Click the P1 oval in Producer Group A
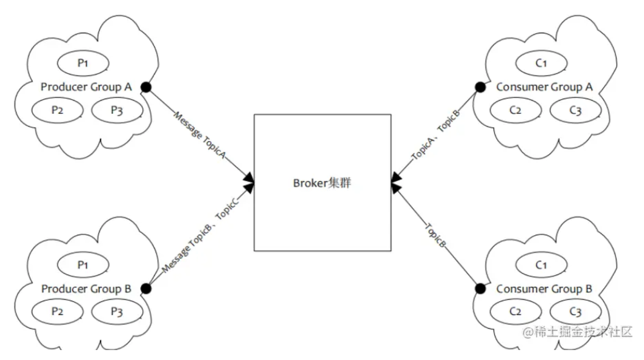(83, 63)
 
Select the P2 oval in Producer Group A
(57, 110)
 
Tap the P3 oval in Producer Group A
(117, 110)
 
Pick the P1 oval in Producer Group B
(84, 265)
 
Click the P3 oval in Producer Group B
(117, 312)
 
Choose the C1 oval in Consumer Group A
(541, 63)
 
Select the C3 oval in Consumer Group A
(575, 110)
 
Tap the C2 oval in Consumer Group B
(515, 312)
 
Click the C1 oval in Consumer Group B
(541, 265)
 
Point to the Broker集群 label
(322, 183)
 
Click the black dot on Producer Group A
(146, 87)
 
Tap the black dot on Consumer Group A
(480, 87)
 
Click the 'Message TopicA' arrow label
(199, 135)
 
